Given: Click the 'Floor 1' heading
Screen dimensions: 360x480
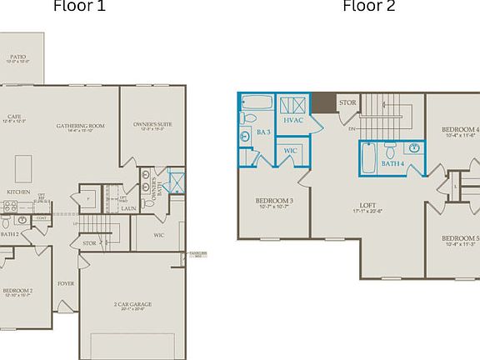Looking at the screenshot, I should pos(79,7).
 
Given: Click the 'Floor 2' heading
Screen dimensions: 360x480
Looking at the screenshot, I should pos(369,7).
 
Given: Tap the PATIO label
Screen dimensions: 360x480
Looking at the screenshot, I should pos(17,58).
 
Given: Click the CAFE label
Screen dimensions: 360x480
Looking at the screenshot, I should pos(14,118).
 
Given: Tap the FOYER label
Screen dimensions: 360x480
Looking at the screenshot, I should pos(66,283).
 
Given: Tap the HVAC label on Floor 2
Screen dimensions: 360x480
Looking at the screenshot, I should pos(292,120).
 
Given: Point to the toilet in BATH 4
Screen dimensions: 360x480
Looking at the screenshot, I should pos(390,150).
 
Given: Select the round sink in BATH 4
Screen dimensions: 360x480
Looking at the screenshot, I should pos(414,148).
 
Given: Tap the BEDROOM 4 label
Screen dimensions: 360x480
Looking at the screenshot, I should pos(460,130).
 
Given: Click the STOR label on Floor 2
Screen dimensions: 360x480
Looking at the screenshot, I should pos(347,103).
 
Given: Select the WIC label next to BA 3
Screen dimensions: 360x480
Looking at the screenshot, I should pos(290,150).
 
